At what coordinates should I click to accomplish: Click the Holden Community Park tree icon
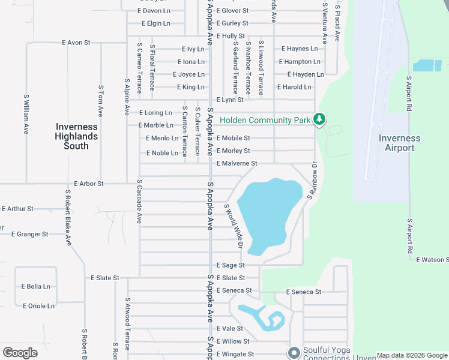(319, 120)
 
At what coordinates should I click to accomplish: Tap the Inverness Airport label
(399, 143)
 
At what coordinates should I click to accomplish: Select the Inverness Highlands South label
(76, 136)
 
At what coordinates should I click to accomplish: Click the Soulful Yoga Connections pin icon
(294, 352)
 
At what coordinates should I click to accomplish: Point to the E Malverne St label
(237, 163)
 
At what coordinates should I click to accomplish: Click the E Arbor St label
(89, 184)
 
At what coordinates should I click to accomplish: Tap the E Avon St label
(76, 43)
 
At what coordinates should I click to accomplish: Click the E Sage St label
(231, 265)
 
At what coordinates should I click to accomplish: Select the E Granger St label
(29, 234)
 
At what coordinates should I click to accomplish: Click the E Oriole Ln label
(38, 306)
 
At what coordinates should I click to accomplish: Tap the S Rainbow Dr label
(312, 180)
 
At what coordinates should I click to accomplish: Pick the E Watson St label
(432, 260)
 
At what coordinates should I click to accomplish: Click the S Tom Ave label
(101, 101)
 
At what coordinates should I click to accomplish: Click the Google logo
(20, 353)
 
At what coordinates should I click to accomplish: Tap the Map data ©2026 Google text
(411, 356)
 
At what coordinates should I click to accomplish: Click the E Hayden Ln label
(305, 74)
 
